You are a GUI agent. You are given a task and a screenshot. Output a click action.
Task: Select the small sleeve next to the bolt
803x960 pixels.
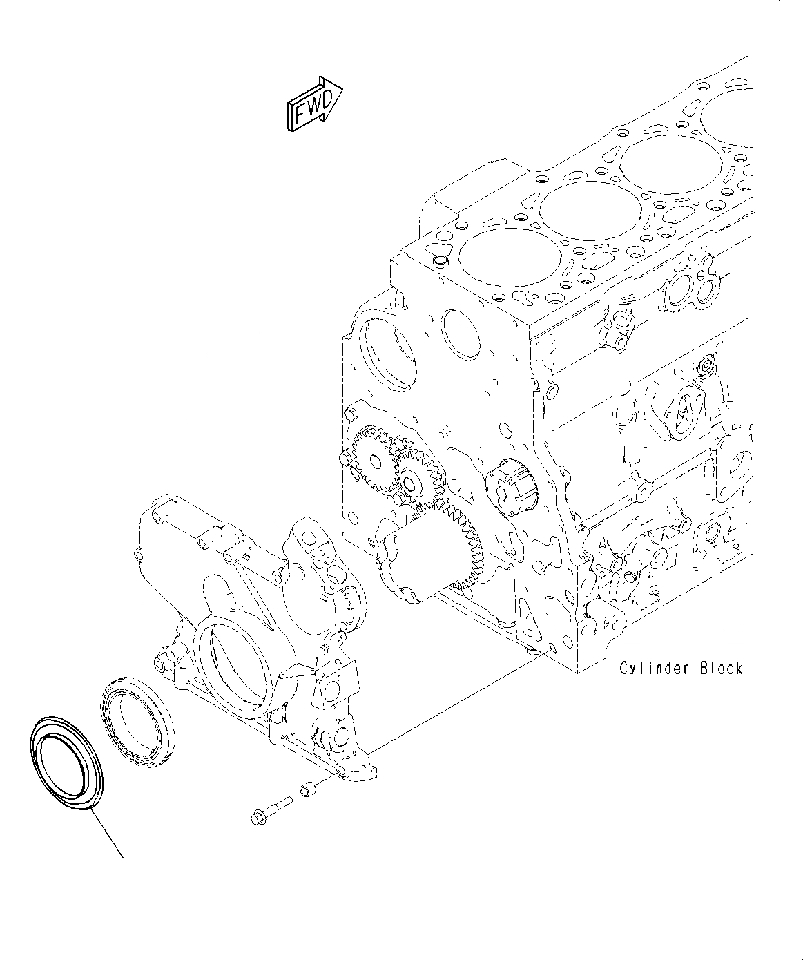click(x=306, y=790)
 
